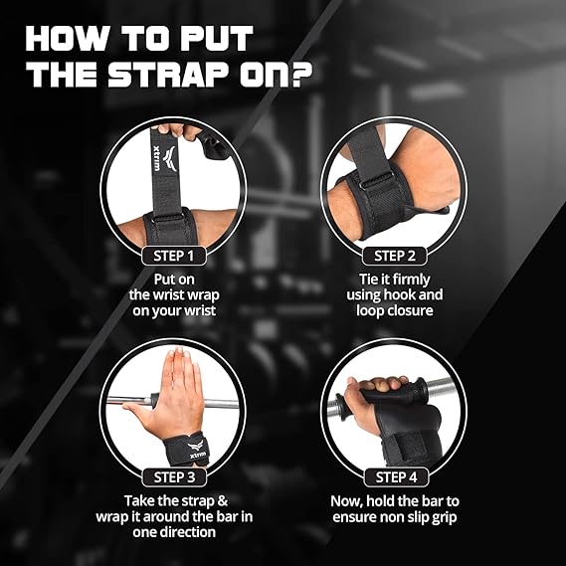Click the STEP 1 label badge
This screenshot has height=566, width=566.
(174, 256)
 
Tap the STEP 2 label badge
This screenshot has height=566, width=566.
(395, 256)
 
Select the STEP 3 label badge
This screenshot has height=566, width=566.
(174, 477)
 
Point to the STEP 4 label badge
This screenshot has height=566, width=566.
(396, 477)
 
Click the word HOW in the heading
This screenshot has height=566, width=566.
(67, 38)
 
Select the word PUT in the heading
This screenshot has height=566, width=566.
(216, 38)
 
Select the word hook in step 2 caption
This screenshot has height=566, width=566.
(399, 294)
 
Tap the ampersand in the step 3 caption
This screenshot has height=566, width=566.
(223, 501)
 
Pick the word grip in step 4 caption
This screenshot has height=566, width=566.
(444, 517)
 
